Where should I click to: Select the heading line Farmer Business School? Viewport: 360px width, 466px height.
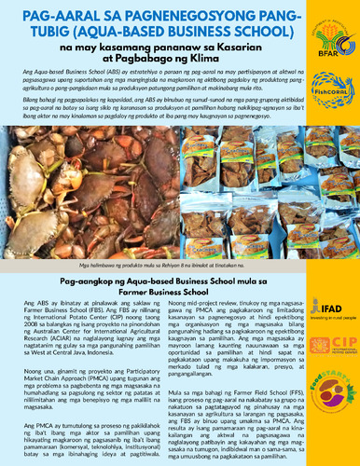[178, 266]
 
